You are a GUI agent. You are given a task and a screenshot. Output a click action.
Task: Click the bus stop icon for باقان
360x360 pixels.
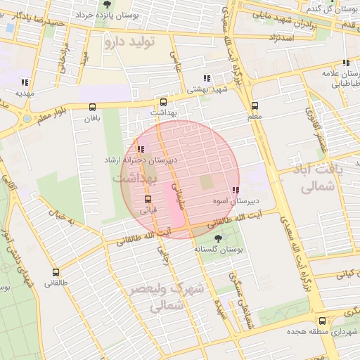pos(93,107)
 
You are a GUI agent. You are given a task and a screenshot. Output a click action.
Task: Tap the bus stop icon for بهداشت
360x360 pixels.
pos(164,101)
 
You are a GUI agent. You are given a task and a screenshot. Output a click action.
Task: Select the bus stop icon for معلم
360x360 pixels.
pos(254,105)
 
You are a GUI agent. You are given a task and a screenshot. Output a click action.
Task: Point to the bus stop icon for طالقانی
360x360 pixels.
pos(56,272)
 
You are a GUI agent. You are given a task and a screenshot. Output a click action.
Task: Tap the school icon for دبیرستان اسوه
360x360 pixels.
pos(235,191)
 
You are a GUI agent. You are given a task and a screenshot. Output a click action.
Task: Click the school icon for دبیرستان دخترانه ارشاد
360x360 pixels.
pos(141,149)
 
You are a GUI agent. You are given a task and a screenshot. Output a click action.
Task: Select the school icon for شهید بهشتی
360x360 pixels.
pos(206,79)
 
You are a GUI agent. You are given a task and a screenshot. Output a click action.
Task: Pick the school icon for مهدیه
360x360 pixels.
pos(25,82)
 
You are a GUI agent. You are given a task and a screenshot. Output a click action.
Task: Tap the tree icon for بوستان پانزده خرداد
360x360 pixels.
pos(107,4)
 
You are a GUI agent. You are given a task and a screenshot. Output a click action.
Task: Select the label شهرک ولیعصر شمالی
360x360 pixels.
pos(166,297)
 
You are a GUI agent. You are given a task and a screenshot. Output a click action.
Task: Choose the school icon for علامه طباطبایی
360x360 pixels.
pos(346,62)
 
